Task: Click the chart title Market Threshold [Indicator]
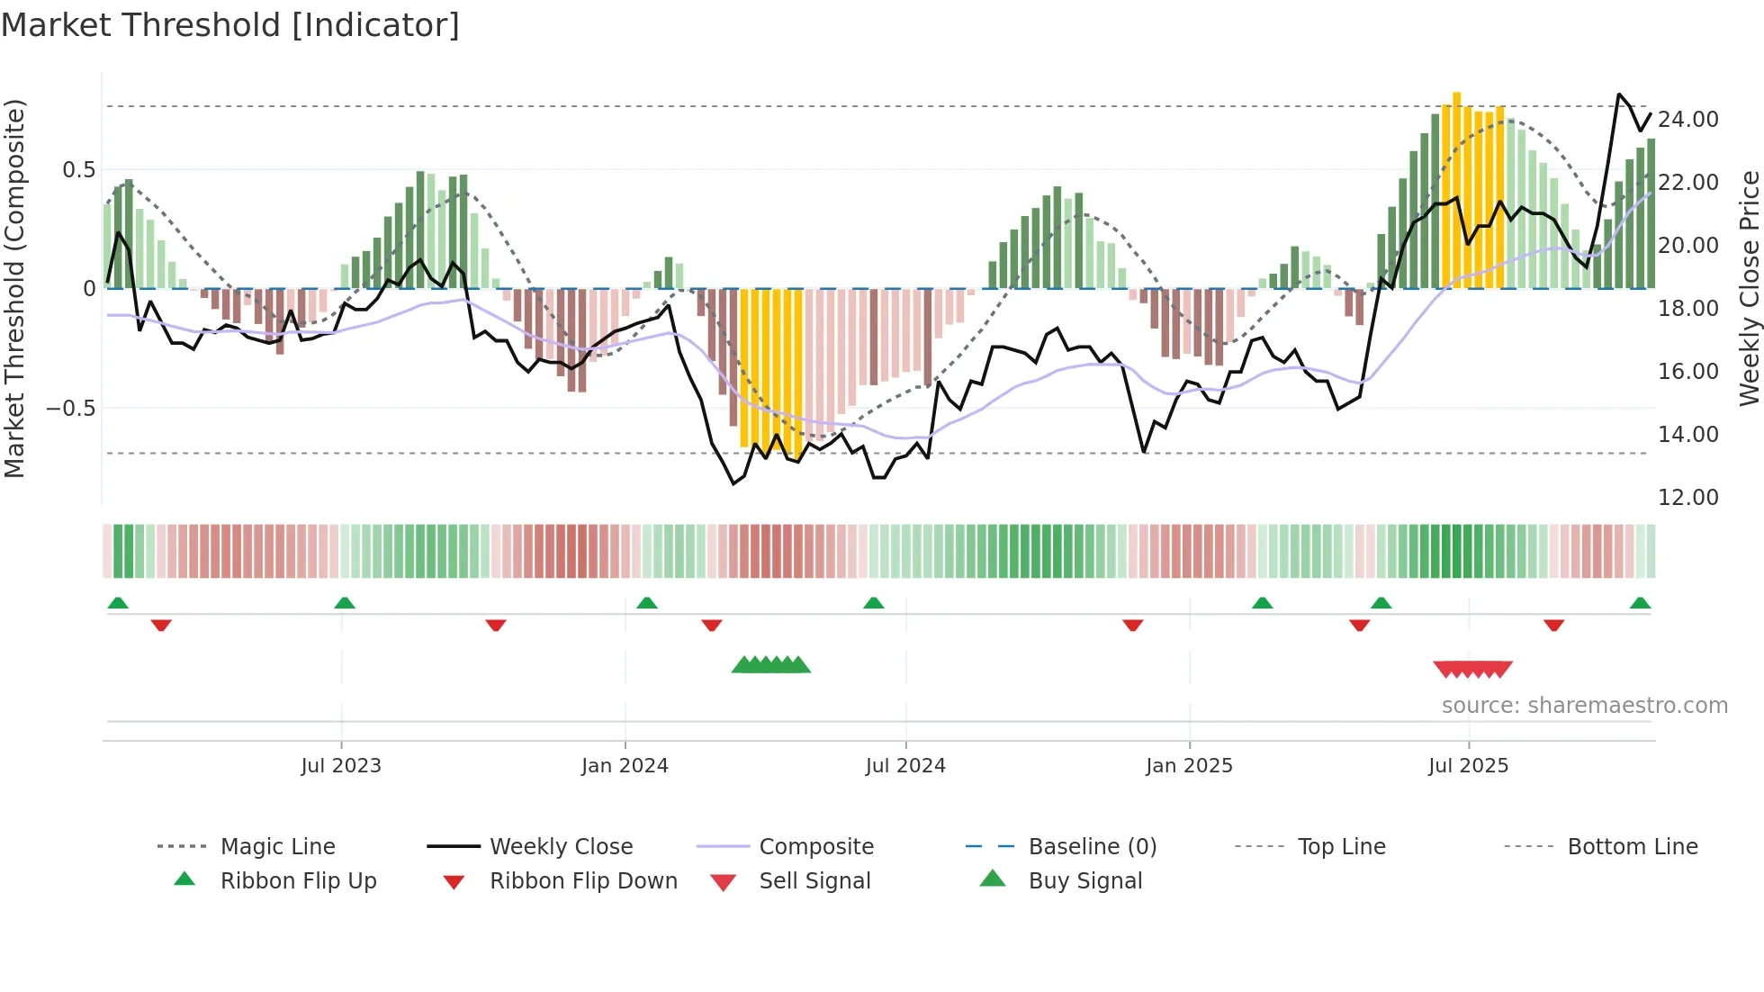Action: [230, 25]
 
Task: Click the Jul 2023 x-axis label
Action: [341, 766]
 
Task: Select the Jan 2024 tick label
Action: [625, 766]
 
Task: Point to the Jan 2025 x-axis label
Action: [1189, 766]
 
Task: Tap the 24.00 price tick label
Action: [1688, 120]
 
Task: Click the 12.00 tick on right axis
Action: [1688, 498]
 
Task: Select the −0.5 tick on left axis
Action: [70, 409]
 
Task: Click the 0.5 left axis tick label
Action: [79, 170]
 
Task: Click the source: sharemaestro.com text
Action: [1584, 706]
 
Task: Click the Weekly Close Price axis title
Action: [1749, 288]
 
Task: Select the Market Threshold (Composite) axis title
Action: [14, 288]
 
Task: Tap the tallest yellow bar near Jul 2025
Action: [1456, 189]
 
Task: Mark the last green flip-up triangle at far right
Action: [1640, 603]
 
